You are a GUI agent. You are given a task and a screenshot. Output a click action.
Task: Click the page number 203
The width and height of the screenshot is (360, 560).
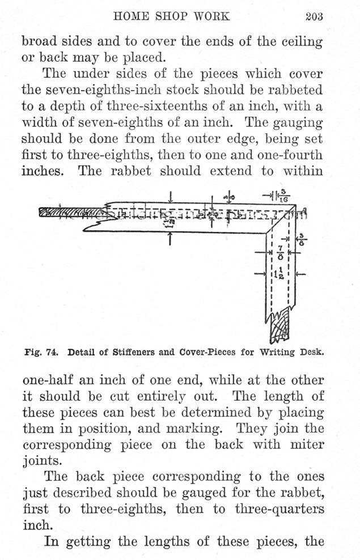pyautogui.click(x=314, y=16)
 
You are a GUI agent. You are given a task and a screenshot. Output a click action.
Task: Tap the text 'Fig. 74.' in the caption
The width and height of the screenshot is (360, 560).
pyautogui.click(x=42, y=351)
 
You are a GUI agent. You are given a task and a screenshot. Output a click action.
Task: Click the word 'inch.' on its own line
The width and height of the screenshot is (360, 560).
pyautogui.click(x=37, y=524)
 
